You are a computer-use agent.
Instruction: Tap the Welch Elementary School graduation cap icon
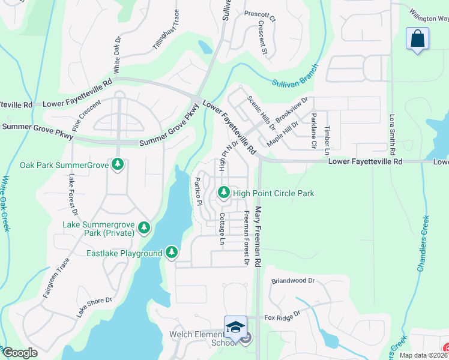235,327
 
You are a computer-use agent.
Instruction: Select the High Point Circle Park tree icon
223,193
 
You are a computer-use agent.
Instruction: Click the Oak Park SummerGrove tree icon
117,165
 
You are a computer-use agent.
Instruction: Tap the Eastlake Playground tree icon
172,253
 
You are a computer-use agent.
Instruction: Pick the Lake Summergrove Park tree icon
143,227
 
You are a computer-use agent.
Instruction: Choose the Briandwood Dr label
293,280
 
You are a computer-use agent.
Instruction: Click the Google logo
20,353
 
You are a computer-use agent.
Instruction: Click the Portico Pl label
197,191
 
